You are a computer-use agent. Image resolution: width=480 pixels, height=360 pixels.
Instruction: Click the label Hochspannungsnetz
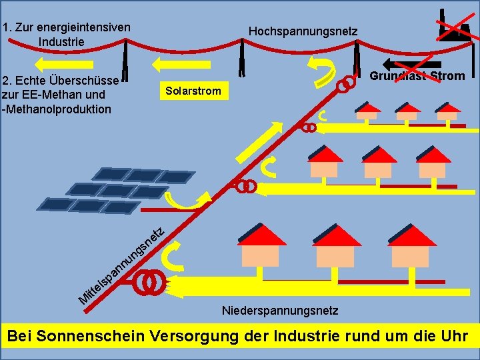(x=303, y=31)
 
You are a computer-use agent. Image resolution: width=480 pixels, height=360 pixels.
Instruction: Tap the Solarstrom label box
(x=193, y=90)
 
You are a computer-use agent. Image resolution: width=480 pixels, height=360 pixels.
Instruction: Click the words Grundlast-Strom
(x=417, y=76)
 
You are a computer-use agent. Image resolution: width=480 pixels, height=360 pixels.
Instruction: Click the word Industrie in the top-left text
(x=61, y=41)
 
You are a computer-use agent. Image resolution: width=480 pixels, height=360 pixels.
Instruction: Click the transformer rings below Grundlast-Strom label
(x=345, y=85)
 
